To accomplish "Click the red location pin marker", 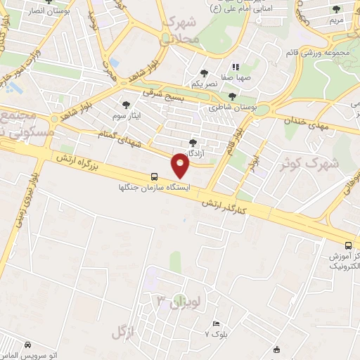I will [181, 166].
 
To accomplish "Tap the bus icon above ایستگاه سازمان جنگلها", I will [154, 177].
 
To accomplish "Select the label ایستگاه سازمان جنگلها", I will [154, 188].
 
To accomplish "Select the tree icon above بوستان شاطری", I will [233, 96].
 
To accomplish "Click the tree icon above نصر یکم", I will [204, 72].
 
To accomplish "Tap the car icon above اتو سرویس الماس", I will [27, 346].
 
